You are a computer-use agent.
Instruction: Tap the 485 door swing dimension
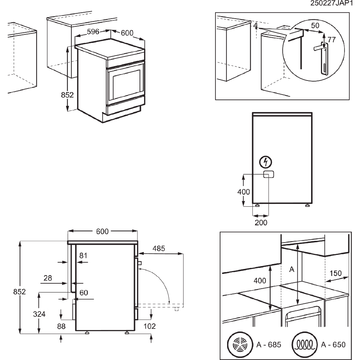(x=159, y=249)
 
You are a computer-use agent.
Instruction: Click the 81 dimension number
(x=83, y=256)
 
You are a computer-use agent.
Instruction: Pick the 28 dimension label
(x=47, y=278)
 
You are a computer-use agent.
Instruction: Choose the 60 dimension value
(x=83, y=292)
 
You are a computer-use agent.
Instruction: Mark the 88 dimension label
(x=61, y=326)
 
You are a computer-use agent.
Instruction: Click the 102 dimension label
(x=149, y=326)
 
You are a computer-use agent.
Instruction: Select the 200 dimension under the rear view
(x=261, y=222)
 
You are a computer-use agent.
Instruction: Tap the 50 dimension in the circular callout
(x=315, y=25)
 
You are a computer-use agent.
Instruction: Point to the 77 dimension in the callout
(x=332, y=39)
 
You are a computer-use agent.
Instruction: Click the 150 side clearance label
(x=336, y=274)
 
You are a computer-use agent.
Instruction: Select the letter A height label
(x=291, y=269)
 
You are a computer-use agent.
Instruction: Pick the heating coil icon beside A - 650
(x=304, y=344)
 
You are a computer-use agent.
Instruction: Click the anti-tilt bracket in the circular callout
(x=324, y=58)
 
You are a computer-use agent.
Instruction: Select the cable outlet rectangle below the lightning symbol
(x=269, y=175)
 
